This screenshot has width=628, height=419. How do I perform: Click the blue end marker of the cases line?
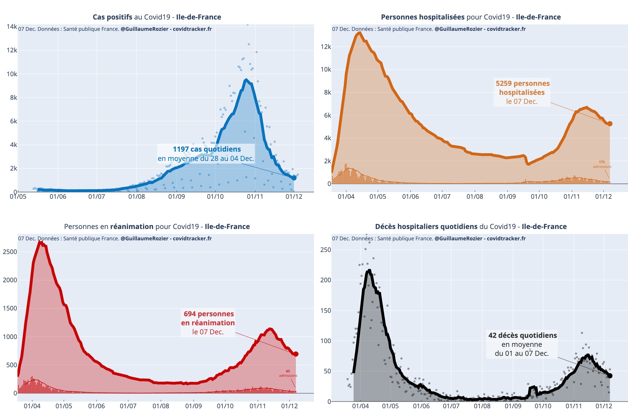(294, 178)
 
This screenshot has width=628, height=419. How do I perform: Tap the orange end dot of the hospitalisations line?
(610, 124)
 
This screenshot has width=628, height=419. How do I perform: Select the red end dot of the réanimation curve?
(296, 354)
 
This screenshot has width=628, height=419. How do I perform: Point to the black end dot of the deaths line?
(610, 376)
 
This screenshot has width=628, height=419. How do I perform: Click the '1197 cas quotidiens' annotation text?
(207, 149)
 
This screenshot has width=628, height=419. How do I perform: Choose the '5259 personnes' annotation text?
(522, 84)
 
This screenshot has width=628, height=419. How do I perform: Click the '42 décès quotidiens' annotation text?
(522, 335)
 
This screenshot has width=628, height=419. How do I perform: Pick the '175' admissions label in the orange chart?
(602, 162)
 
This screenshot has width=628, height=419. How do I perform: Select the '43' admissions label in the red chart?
(288, 371)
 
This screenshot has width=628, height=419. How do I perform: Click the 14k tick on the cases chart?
(12, 27)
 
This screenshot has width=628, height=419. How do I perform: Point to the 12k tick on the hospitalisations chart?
(326, 47)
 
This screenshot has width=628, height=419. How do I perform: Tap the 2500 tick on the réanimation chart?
(10, 252)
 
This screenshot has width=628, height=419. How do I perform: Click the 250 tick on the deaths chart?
(326, 250)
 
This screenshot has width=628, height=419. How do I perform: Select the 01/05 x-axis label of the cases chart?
(18, 197)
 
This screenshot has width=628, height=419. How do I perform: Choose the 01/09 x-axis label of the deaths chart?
(513, 406)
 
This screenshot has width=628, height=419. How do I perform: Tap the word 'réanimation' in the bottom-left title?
(132, 227)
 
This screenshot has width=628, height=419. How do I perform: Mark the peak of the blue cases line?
(246, 80)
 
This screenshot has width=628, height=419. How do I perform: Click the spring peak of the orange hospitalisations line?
(360, 33)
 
